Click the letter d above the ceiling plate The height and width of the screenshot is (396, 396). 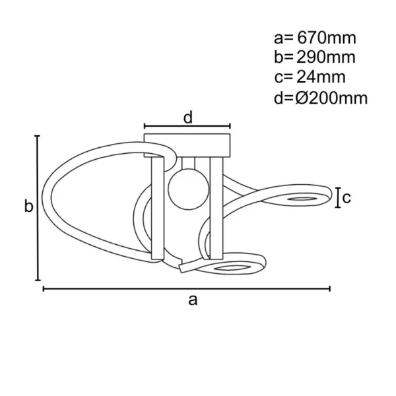pos(187,117)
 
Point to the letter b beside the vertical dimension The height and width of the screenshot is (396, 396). pos(28,207)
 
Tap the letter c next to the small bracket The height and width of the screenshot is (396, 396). pos(345,197)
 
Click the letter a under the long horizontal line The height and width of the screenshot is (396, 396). pos(192,300)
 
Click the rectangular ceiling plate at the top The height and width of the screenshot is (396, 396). pos(187,144)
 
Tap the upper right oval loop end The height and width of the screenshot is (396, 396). pos(304,198)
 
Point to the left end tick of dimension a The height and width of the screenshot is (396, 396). pos(44,288)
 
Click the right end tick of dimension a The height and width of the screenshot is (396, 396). pos(330,288)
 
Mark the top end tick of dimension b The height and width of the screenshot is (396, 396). pos(38,136)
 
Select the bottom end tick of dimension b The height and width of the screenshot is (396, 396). pos(38,280)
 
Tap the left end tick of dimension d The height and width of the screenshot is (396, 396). pos(145,125)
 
